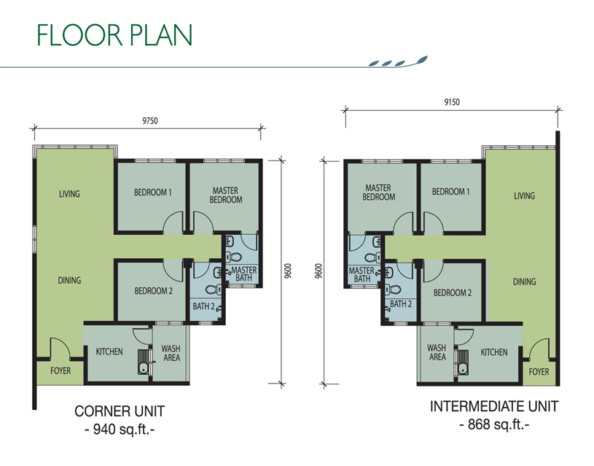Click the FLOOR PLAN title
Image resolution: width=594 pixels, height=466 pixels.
pyautogui.click(x=114, y=35)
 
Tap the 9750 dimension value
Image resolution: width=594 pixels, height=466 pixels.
pyautogui.click(x=150, y=121)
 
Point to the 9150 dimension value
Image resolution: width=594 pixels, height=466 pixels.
pyautogui.click(x=452, y=102)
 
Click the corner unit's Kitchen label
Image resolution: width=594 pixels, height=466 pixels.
pyautogui.click(x=109, y=352)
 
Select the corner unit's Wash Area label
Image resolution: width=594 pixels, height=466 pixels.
pyautogui.click(x=171, y=353)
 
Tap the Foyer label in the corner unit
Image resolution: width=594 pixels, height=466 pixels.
pyautogui.click(x=60, y=370)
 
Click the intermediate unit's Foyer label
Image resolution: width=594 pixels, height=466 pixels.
pyautogui.click(x=539, y=372)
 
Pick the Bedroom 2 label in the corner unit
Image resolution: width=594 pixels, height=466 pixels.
pyautogui.click(x=154, y=291)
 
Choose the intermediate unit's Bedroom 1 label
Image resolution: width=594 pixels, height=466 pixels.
pyautogui.click(x=451, y=192)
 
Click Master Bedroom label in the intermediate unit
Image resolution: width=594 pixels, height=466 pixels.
pyautogui.click(x=378, y=193)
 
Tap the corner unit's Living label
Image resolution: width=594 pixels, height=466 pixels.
pyautogui.click(x=69, y=194)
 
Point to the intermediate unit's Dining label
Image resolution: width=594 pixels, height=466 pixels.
pyautogui.click(x=524, y=281)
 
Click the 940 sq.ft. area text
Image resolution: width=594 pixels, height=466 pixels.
pyautogui.click(x=120, y=430)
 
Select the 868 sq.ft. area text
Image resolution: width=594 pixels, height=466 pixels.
pyautogui.click(x=494, y=424)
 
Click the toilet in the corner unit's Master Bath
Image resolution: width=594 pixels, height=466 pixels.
pyautogui.click(x=235, y=256)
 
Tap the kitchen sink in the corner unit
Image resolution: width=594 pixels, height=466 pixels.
pyautogui.click(x=144, y=368)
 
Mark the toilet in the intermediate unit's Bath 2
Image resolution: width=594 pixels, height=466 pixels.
pyautogui.click(x=394, y=290)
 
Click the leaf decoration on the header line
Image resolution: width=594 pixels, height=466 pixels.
pyautogui.click(x=398, y=62)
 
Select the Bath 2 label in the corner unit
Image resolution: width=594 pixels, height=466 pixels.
pyautogui.click(x=204, y=306)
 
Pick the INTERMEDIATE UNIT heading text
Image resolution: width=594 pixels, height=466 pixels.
pyautogui.click(x=494, y=406)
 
